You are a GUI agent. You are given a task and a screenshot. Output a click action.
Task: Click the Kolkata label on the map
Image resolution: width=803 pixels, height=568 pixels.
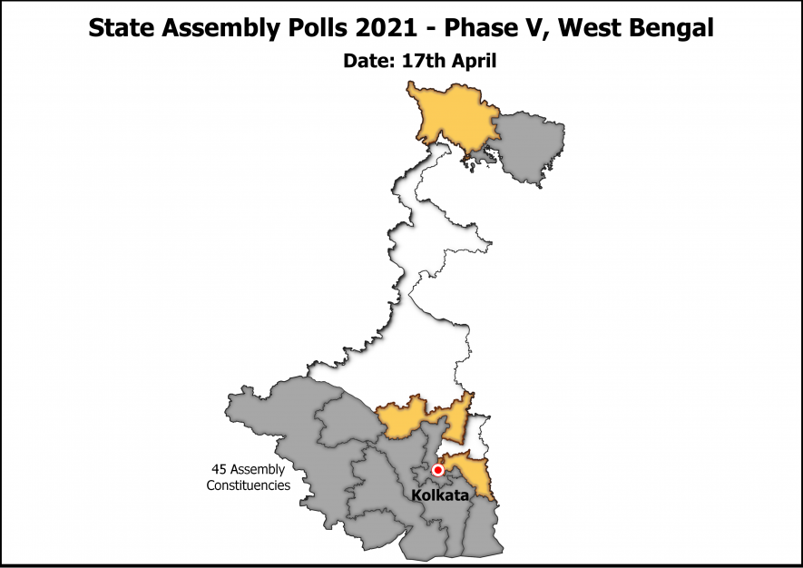(x=440, y=496)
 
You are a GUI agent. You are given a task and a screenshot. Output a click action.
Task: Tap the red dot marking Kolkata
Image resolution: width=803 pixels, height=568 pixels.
(x=438, y=470)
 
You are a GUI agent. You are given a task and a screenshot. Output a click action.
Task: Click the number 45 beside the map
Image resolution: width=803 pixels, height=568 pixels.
(x=218, y=470)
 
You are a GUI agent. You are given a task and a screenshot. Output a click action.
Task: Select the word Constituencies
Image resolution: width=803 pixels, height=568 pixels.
(x=248, y=485)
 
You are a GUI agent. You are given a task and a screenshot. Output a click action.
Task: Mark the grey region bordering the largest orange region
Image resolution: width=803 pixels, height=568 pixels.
(x=530, y=145)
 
